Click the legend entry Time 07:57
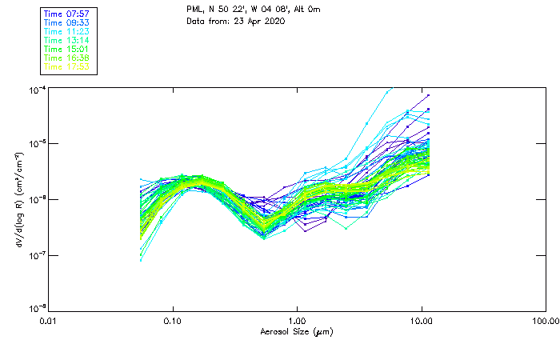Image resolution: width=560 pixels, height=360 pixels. [66, 14]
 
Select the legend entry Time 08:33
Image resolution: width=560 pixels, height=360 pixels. [66, 22]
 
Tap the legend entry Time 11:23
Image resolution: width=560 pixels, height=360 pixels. [66, 31]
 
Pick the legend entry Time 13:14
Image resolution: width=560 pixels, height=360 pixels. [66, 40]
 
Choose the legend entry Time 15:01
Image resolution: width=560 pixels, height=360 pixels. [66, 49]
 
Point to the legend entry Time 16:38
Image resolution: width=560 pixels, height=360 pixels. [66, 58]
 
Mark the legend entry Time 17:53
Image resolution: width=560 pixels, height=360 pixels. [66, 66]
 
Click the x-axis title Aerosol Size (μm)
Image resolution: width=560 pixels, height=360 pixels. [297, 331]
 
